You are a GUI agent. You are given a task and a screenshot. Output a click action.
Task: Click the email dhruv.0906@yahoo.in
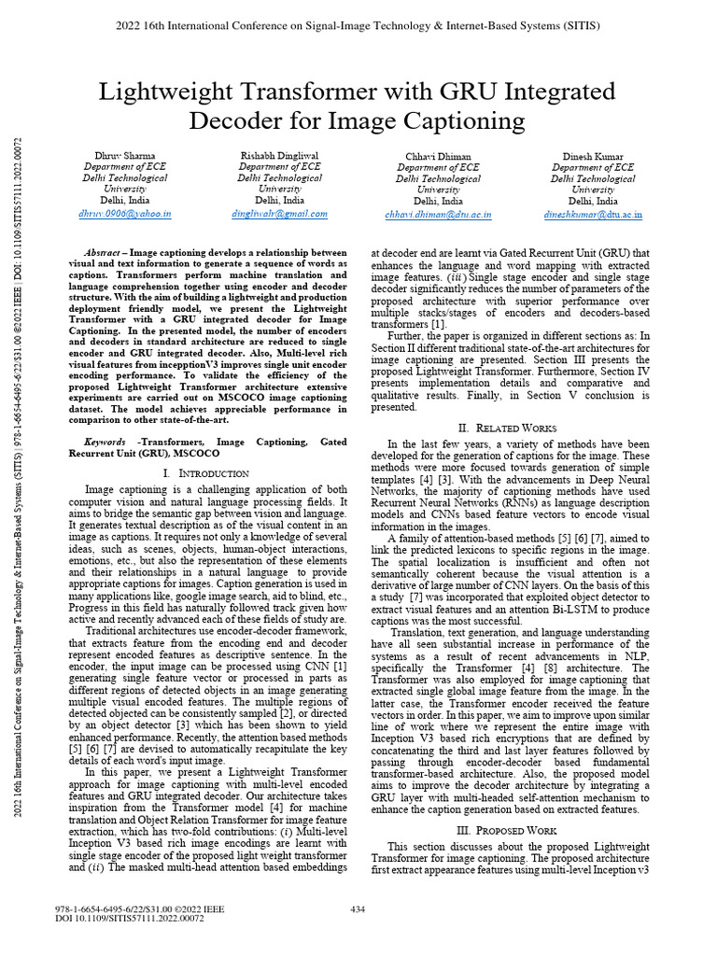pyautogui.click(x=125, y=214)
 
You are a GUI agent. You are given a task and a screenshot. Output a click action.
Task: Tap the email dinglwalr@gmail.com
pyautogui.click(x=279, y=214)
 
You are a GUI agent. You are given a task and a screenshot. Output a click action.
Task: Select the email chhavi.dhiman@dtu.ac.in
pyautogui.click(x=438, y=215)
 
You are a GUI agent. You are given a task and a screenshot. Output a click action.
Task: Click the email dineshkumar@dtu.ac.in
pyautogui.click(x=593, y=215)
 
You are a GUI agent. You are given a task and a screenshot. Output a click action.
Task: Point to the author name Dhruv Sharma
pyautogui.click(x=125, y=155)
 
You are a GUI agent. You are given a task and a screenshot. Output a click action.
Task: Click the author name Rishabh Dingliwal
pyautogui.click(x=279, y=155)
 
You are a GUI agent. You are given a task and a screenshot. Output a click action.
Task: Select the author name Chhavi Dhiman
pyautogui.click(x=438, y=156)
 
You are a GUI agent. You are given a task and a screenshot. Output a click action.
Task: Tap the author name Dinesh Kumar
pyautogui.click(x=593, y=156)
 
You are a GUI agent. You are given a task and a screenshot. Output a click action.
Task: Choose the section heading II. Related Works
pyautogui.click(x=511, y=428)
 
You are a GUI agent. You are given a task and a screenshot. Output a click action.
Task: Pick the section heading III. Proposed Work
pyautogui.click(x=511, y=830)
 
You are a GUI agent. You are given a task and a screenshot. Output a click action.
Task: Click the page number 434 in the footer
pyautogui.click(x=358, y=908)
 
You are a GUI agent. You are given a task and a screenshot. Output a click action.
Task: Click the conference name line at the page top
pyautogui.click(x=358, y=25)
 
